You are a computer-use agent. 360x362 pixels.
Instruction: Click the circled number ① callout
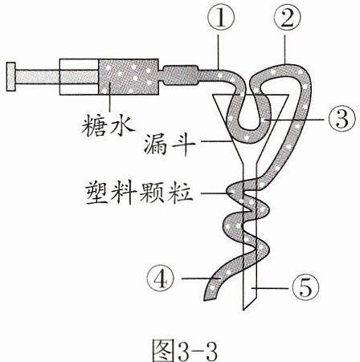220,18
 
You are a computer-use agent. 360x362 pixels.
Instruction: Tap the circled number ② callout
287,18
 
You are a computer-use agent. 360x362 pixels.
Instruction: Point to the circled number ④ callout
161,279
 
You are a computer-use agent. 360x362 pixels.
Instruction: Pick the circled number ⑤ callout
305,288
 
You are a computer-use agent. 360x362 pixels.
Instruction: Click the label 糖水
108,126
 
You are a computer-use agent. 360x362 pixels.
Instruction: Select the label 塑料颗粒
139,193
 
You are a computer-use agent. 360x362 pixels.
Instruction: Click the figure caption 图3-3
185,350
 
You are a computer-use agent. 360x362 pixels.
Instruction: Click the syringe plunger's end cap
11,76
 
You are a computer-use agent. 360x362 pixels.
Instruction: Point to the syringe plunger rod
57,76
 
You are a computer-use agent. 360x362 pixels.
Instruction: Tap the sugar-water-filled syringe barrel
129,76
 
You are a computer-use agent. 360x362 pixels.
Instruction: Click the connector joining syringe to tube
181,75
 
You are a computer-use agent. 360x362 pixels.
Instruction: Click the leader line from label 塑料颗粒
215,193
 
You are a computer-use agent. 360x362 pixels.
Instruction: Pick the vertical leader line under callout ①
219,51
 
